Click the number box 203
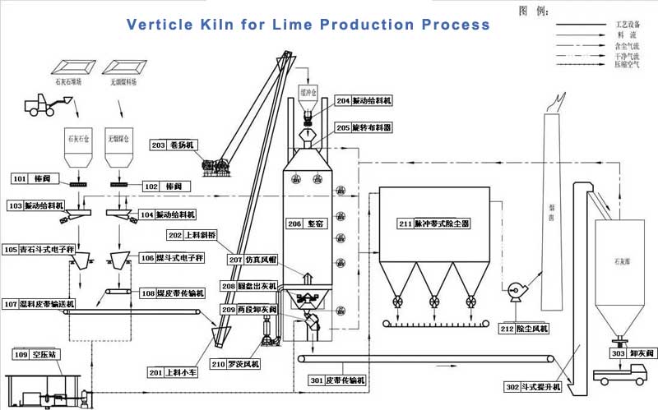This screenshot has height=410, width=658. coord(159,145)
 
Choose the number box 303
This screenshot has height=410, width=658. coord(618,353)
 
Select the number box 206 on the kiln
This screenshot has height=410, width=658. coord(294,223)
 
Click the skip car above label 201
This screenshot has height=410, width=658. coord(220,338)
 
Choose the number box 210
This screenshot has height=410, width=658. coord(219,363)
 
